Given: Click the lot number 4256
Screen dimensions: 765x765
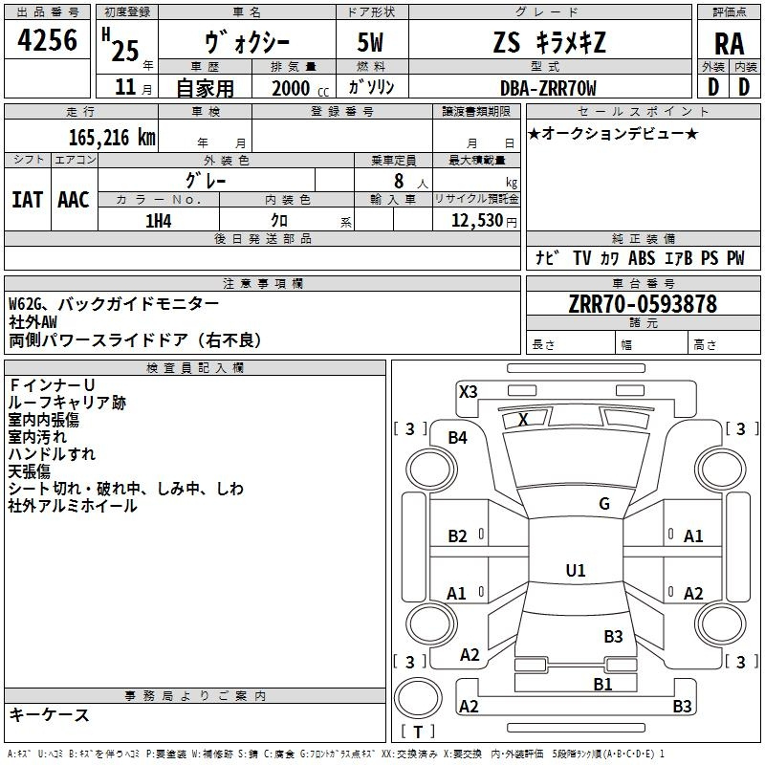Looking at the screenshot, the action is pyautogui.click(x=47, y=40).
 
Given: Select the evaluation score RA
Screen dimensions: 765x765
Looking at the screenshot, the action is pyautogui.click(x=730, y=44).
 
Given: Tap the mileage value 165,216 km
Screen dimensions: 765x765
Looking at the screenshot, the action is pyautogui.click(x=112, y=138).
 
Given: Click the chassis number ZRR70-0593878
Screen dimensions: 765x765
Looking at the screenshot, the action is pyautogui.click(x=643, y=304).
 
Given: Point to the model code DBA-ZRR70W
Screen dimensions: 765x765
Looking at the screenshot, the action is pyautogui.click(x=548, y=88).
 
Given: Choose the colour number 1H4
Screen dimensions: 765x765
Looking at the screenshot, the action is pyautogui.click(x=159, y=221).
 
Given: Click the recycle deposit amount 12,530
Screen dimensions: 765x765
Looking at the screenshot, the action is pyautogui.click(x=476, y=221).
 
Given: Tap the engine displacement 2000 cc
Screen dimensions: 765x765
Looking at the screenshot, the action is pyautogui.click(x=300, y=88).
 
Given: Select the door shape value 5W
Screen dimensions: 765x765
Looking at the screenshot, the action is pyautogui.click(x=370, y=42).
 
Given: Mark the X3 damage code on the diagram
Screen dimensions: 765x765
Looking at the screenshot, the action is pyautogui.click(x=468, y=392).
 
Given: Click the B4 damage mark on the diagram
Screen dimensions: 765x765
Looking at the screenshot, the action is pyautogui.click(x=458, y=438).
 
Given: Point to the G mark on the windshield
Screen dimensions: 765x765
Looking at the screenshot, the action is pyautogui.click(x=604, y=504).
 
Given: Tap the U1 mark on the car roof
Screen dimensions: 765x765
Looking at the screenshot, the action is pyautogui.click(x=576, y=570).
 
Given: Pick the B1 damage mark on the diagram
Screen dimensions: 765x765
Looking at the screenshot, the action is pyautogui.click(x=602, y=685).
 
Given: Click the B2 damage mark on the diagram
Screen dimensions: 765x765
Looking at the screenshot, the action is pyautogui.click(x=457, y=536).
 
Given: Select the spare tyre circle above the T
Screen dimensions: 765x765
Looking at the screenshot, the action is pyautogui.click(x=418, y=698).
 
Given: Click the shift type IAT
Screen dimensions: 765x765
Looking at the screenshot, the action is pyautogui.click(x=28, y=200).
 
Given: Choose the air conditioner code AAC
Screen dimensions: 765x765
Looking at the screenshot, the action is pyautogui.click(x=74, y=200).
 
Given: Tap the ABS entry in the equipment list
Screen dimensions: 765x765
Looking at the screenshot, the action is pyautogui.click(x=642, y=257).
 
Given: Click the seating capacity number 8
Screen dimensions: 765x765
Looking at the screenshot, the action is pyautogui.click(x=399, y=181).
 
